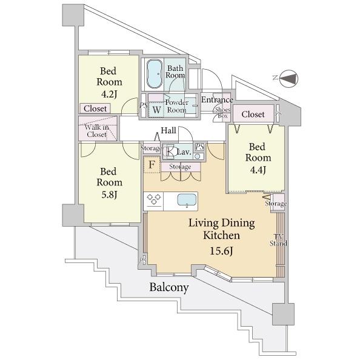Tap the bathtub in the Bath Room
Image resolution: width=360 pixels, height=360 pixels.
tap(155, 74)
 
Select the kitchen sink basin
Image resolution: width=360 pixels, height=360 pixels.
tap(187, 200)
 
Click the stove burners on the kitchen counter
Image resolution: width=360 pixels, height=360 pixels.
tap(153, 199)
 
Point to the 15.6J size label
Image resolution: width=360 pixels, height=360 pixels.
tap(222, 251)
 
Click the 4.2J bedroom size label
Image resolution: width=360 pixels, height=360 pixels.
tap(109, 94)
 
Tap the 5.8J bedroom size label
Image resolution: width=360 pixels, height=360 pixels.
tap(109, 195)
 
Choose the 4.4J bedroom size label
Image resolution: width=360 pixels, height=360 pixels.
tap(258, 170)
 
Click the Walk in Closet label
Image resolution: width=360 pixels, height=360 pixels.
tap(96, 131)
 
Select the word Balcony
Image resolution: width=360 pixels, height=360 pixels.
tap(169, 287)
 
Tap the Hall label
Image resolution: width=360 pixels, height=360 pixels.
tap(168, 130)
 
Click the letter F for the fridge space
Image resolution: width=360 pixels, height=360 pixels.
tap(152, 164)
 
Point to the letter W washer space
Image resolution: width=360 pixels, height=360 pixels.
tap(156, 110)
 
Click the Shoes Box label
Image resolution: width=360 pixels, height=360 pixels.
tap(222, 113)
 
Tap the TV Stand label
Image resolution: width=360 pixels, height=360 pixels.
tap(278, 240)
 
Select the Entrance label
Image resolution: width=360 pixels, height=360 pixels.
tap(217, 99)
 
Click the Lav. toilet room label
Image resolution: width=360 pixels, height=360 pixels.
tap(184, 152)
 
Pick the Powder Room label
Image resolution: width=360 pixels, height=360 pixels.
tap(176, 106)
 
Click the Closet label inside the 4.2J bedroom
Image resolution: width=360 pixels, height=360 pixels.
tap(95, 108)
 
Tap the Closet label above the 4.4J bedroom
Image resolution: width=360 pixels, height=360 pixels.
tap(253, 114)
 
